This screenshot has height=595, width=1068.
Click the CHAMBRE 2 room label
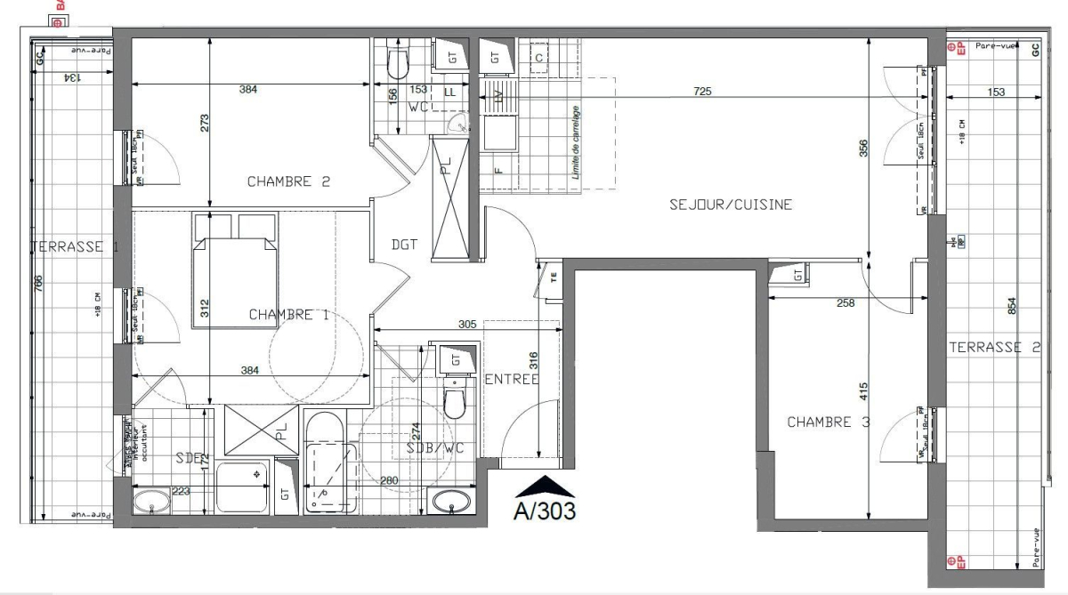point(288,181)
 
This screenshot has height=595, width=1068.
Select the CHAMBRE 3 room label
point(828,422)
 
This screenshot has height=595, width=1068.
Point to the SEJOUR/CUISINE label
point(731,205)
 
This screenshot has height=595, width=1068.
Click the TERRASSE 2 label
point(993,348)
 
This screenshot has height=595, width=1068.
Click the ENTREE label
point(512,379)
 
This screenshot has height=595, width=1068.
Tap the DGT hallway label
point(404,245)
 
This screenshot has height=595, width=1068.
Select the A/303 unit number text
point(545,511)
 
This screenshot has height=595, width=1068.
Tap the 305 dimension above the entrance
point(466,325)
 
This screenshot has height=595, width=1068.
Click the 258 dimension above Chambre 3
point(845,303)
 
